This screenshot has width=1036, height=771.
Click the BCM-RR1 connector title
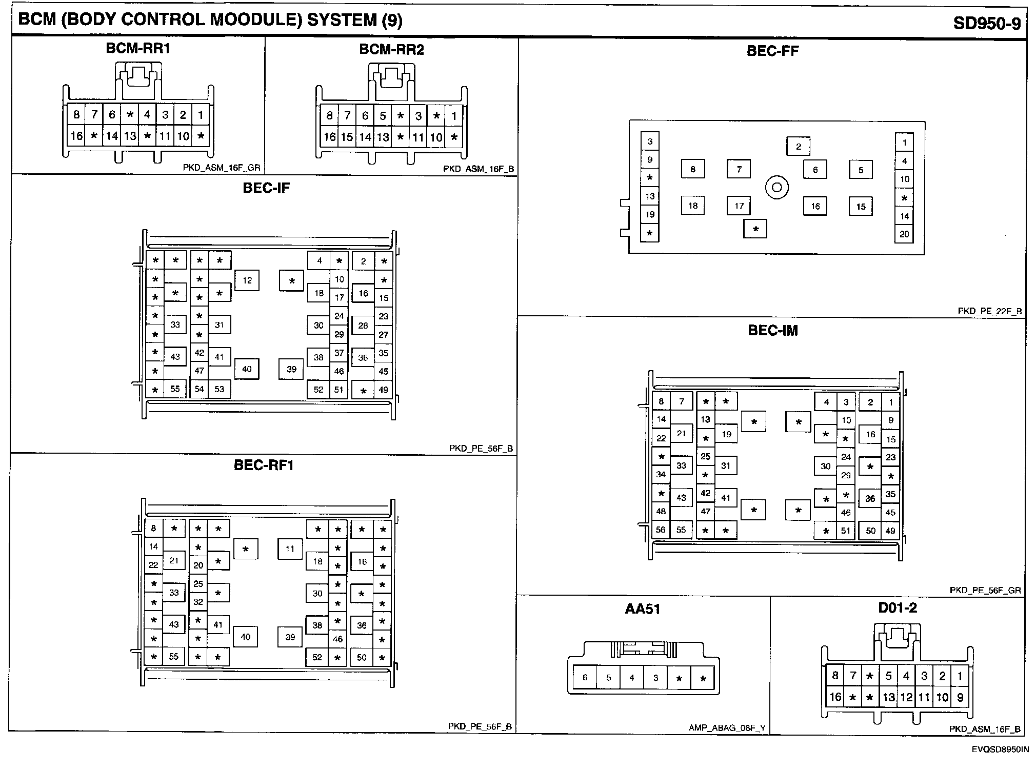point(137,48)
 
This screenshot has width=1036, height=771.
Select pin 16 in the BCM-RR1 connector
point(76,136)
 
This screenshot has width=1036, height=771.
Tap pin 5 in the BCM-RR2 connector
point(383,116)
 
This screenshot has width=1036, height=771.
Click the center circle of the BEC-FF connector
point(776,187)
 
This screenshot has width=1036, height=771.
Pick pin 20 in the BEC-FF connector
point(904,234)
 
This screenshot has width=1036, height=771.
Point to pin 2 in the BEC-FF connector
point(798,147)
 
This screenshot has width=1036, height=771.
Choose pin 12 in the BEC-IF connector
point(247,280)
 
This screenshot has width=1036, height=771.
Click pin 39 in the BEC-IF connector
point(291,369)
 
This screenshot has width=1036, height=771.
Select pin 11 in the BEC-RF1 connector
point(290,549)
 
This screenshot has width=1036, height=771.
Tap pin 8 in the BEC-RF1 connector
point(153,528)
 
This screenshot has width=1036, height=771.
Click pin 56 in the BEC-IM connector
point(661,530)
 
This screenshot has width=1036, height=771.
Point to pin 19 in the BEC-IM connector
point(726,434)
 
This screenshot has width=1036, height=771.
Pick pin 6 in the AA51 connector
point(585,678)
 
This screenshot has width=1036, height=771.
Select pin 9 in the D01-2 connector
point(960,697)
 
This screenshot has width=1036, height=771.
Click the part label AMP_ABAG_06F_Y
point(727,728)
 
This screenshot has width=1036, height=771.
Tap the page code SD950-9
point(987,24)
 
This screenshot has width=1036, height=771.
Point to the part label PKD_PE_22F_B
point(989,311)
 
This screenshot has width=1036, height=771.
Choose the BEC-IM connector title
point(773,331)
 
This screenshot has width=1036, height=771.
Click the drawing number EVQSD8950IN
point(1000,749)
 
